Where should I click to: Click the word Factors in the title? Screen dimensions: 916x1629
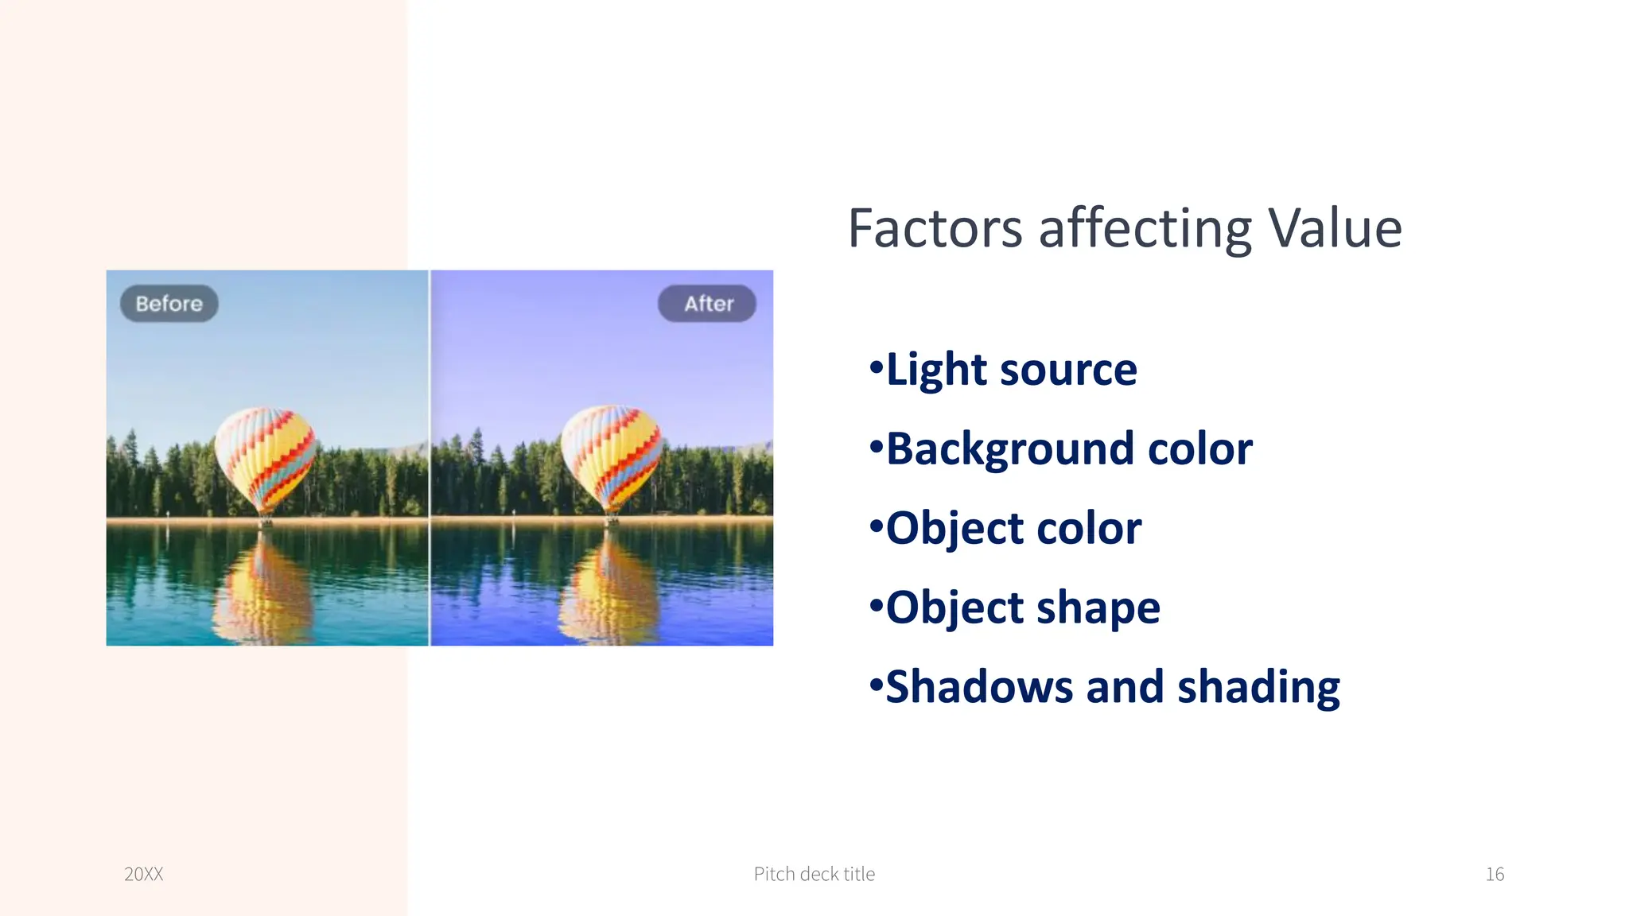[x=935, y=229]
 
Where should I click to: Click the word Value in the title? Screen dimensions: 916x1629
[x=1334, y=229]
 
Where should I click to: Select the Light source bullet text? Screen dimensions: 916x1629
[x=1011, y=370]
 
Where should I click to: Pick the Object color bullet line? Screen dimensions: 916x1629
[x=1013, y=529]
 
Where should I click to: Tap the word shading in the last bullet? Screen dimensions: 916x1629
[x=1258, y=687]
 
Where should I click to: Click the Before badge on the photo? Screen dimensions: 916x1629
[x=169, y=304]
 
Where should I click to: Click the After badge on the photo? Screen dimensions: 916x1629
[x=707, y=304]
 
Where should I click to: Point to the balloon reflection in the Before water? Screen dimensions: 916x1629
[x=262, y=588]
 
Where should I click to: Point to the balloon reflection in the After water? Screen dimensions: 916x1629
[x=609, y=588]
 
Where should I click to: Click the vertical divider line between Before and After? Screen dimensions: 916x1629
[x=430, y=457]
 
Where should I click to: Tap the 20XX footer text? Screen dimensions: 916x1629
[x=144, y=874]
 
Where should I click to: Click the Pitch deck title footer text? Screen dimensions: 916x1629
[x=814, y=874]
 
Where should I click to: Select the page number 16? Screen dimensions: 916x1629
[x=1495, y=874]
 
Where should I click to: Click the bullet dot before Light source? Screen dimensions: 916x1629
[x=876, y=368]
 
